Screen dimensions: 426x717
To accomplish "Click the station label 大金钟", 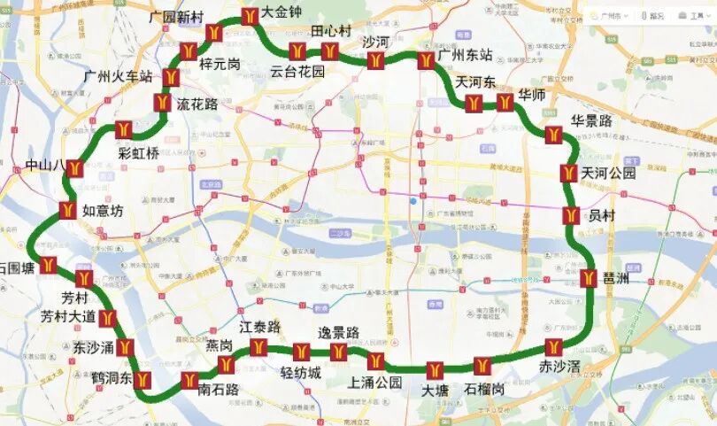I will [284, 14].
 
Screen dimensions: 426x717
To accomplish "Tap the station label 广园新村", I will [176, 17].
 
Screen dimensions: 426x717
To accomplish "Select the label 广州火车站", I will [119, 76].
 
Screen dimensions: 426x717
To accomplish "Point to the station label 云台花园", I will [297, 71].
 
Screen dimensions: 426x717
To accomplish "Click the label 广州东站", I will [465, 55].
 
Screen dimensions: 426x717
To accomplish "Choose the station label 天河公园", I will [608, 174].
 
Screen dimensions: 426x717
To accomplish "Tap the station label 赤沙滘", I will [561, 365].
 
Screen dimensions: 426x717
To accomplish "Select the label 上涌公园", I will [375, 383].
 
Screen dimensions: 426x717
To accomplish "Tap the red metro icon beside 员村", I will [572, 215].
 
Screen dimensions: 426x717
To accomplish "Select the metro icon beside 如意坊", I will [67, 211].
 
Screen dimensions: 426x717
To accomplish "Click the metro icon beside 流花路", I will [162, 103].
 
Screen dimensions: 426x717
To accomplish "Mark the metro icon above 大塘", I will [434, 369].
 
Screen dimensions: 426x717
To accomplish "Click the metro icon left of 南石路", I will [189, 381].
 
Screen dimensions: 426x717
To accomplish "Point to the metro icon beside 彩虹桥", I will [123, 130].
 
